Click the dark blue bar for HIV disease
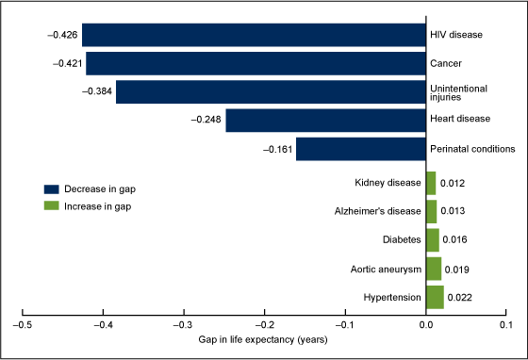[x=253, y=35]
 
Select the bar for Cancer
[x=256, y=63]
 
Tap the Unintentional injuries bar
[x=271, y=92]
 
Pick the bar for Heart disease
[x=325, y=121]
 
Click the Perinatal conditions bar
[x=360, y=149]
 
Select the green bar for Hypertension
[x=435, y=297]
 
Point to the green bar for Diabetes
[x=432, y=240]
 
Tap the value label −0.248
[x=206, y=121]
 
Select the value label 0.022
[x=460, y=298]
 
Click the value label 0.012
[x=453, y=183]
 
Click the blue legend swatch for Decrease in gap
[x=50, y=188]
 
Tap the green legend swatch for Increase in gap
[x=50, y=205]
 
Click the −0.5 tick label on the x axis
[x=22, y=325]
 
